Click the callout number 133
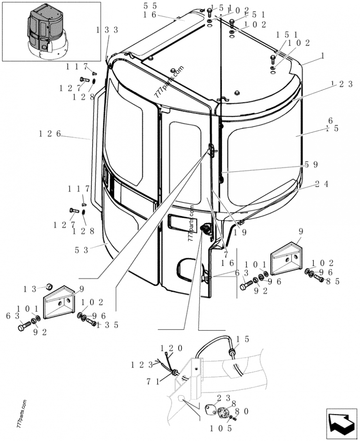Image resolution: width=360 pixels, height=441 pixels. (107, 30)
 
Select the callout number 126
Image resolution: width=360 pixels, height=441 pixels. (50, 134)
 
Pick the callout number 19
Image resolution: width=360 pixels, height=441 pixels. (239, 233)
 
